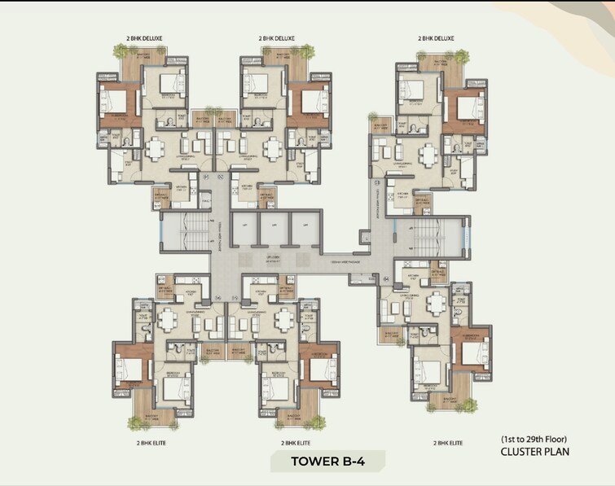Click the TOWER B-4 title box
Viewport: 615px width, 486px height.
(327, 462)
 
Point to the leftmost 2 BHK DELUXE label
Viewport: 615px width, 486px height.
(143, 38)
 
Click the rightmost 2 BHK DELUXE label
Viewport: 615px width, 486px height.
(437, 38)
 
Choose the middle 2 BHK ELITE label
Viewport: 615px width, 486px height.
(298, 443)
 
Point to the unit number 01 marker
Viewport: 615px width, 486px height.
(205, 175)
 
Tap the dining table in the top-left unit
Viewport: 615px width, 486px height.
(154, 150)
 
